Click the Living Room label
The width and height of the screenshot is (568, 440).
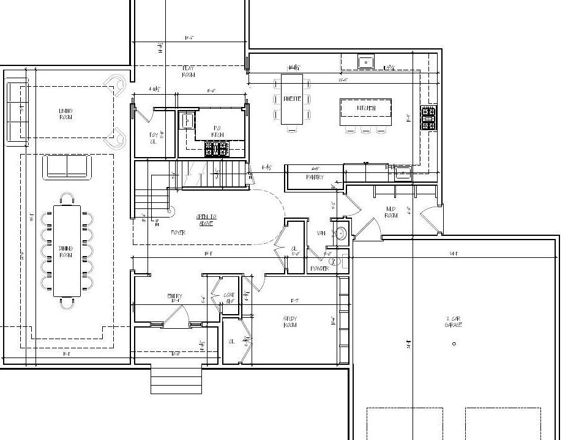(65, 114)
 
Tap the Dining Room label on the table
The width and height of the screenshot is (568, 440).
(66, 252)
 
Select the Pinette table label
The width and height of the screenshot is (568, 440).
(292, 100)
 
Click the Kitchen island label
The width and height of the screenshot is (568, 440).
(365, 109)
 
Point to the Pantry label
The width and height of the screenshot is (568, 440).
(315, 177)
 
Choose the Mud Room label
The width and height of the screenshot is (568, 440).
(392, 212)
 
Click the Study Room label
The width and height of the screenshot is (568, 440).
(290, 322)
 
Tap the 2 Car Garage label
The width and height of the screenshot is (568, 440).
(454, 322)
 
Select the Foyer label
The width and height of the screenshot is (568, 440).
(177, 233)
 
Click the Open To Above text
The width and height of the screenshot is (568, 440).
(206, 220)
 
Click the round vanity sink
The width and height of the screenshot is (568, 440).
(340, 233)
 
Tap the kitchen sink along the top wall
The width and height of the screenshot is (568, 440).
(366, 62)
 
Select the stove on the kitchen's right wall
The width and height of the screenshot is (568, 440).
(428, 118)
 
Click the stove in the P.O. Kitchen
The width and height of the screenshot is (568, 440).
(216, 148)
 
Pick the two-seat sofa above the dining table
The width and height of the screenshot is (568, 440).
(67, 166)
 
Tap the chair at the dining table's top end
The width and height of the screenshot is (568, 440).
(67, 198)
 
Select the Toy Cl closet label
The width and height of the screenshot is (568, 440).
(154, 137)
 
